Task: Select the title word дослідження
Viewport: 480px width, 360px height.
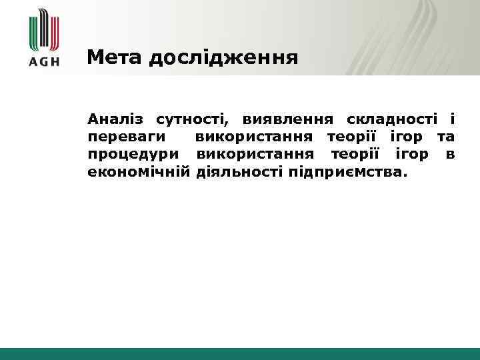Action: pyautogui.click(x=223, y=59)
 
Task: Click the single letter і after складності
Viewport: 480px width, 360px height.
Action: pyautogui.click(x=452, y=120)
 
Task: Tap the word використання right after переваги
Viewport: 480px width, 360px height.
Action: pyautogui.click(x=254, y=138)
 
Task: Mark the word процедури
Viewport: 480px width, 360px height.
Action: pyautogui.click(x=133, y=155)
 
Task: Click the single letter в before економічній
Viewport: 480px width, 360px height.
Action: pyautogui.click(x=451, y=155)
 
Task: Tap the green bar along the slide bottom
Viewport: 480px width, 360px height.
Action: pyautogui.click(x=240, y=353)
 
